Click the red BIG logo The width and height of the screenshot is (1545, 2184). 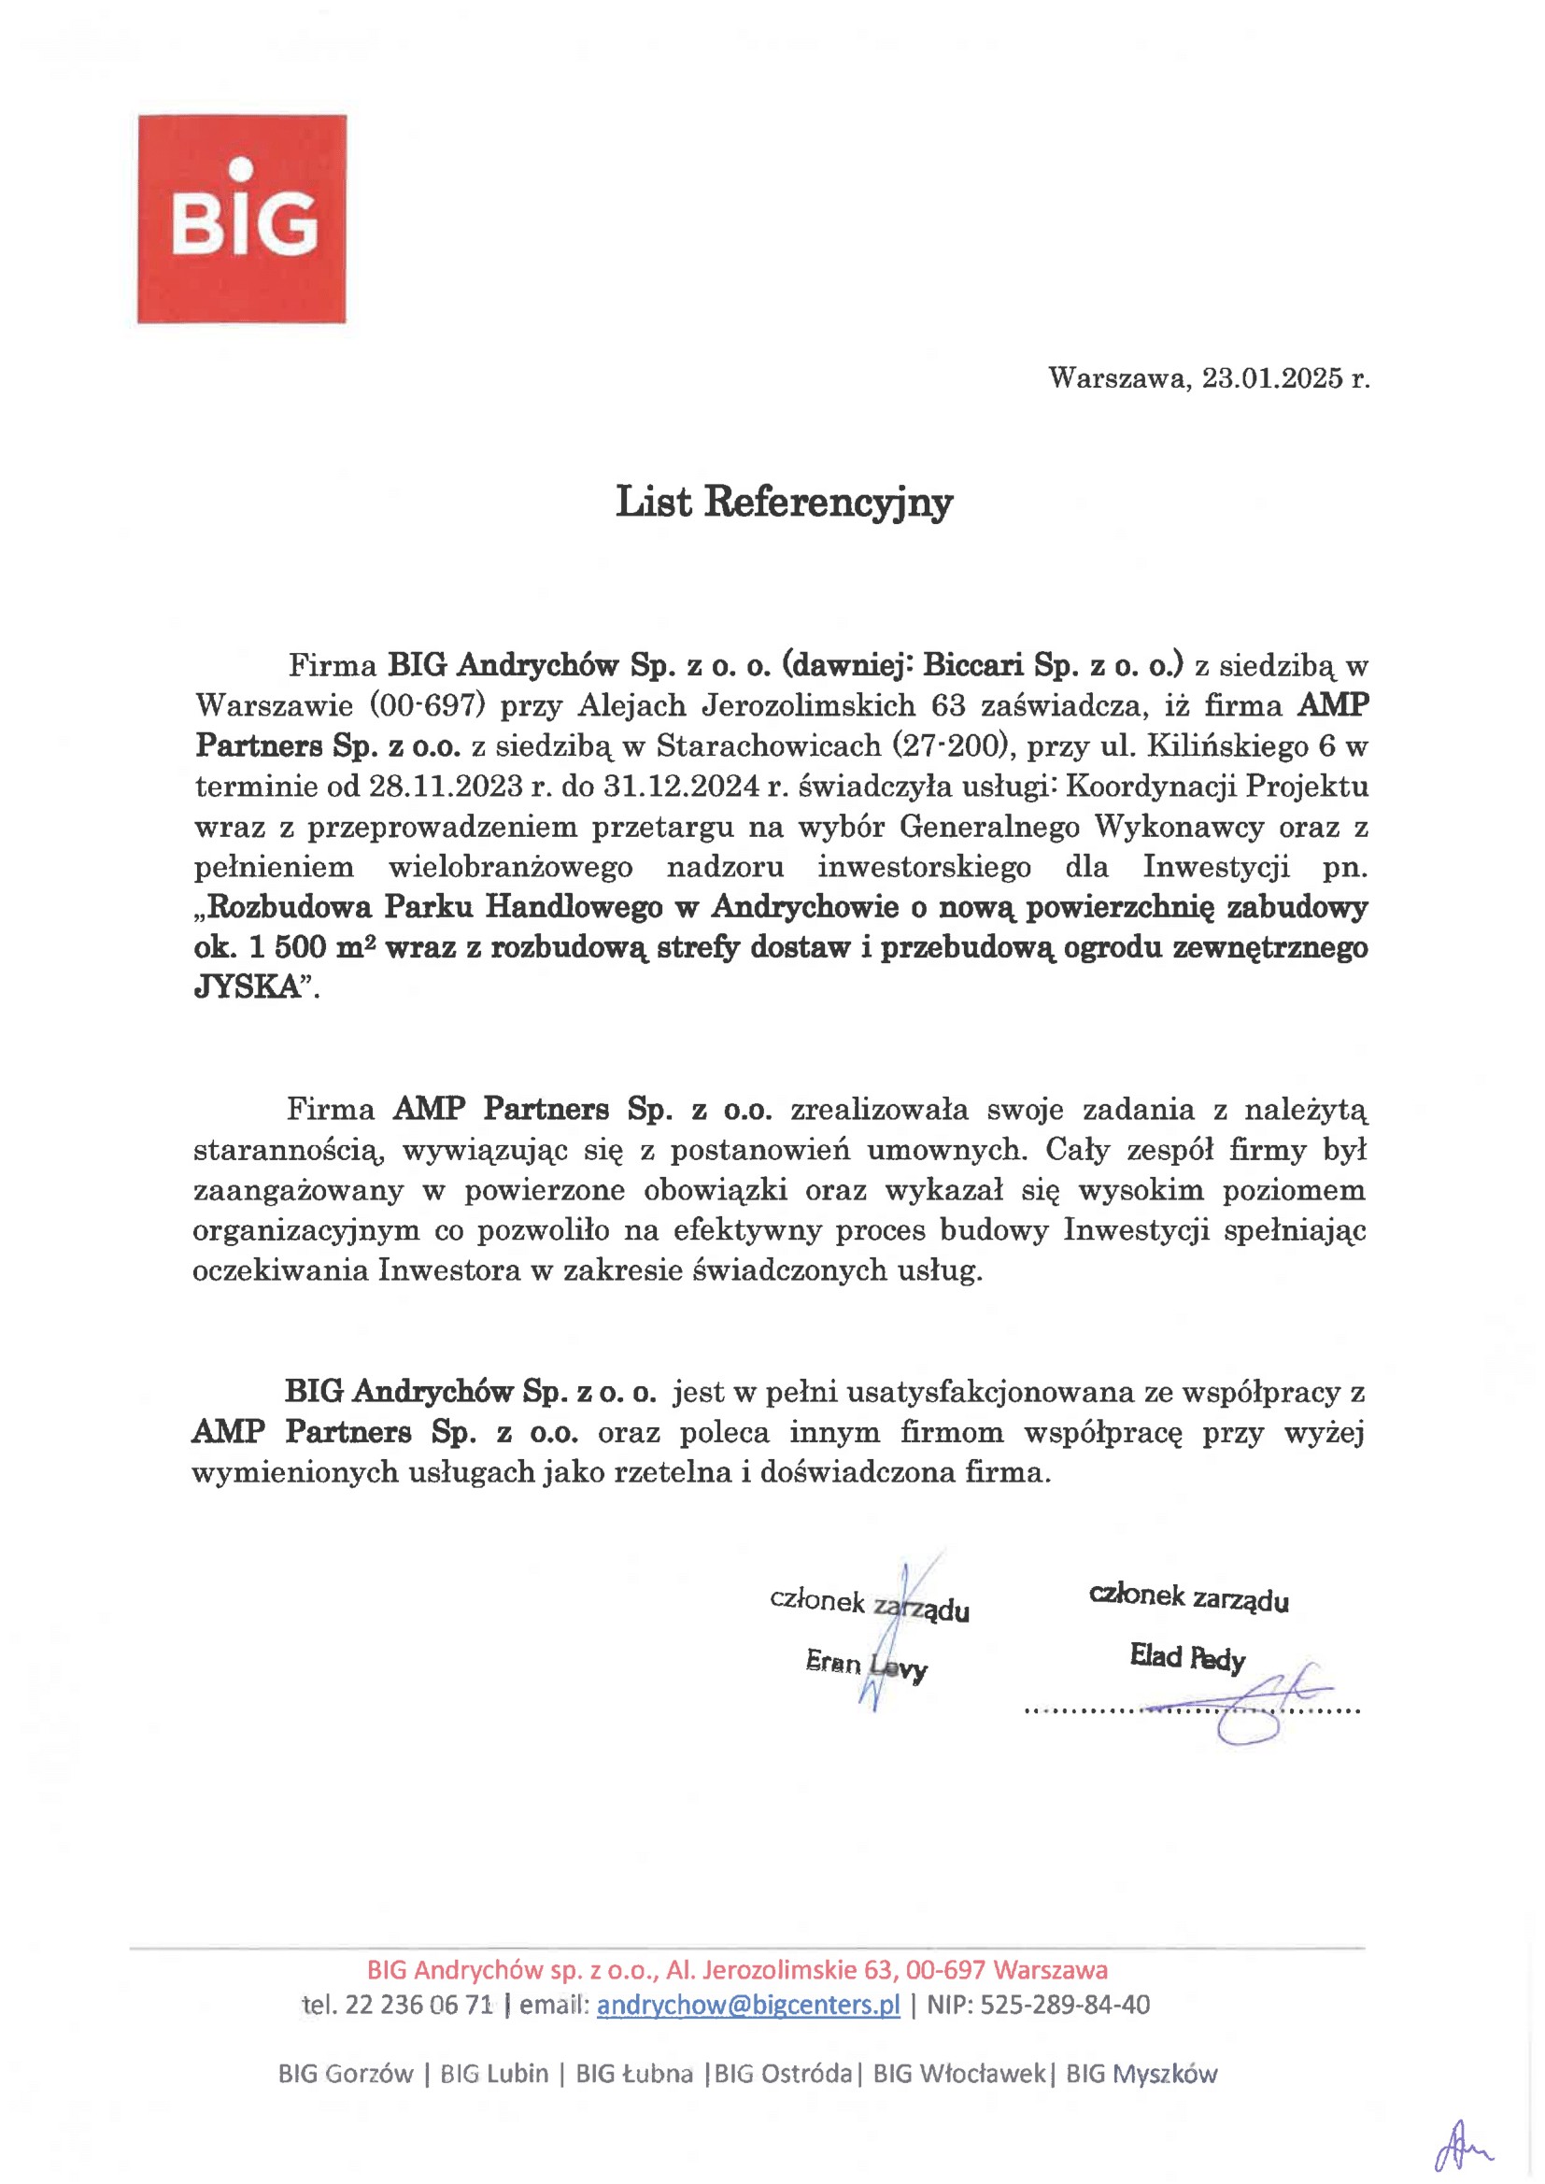pos(242,219)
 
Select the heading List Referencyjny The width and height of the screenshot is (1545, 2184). pos(784,503)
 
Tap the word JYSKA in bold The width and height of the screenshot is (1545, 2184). pos(248,987)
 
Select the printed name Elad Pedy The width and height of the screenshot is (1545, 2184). pos(1187,1657)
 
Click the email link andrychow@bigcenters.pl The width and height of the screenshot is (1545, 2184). pos(748,2005)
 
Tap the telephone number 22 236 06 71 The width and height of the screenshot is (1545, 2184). pos(418,2005)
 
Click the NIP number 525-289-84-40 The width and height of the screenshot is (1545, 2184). pos(1065,2005)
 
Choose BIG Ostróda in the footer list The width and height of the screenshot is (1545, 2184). pos(783,2074)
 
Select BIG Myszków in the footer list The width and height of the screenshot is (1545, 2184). pos(1141,2074)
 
